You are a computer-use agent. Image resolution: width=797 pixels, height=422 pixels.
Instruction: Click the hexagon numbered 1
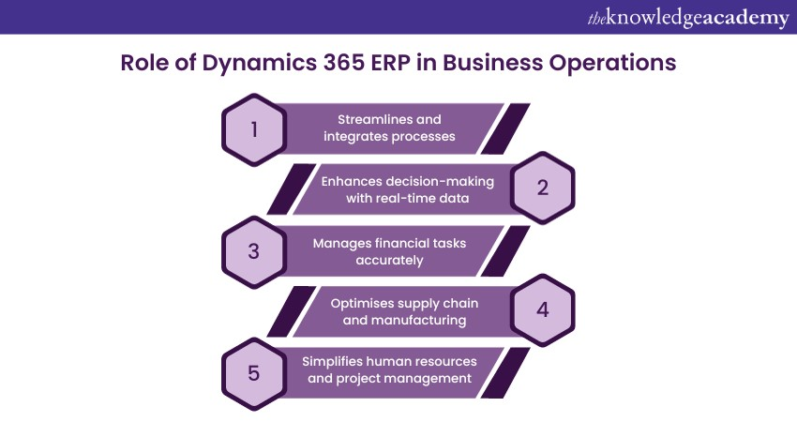click(x=254, y=128)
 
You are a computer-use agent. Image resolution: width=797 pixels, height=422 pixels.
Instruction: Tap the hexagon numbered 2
click(x=542, y=187)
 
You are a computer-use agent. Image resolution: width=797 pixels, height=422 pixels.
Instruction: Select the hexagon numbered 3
click(x=254, y=251)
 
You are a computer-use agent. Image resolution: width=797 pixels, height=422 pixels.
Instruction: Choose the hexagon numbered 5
click(x=254, y=372)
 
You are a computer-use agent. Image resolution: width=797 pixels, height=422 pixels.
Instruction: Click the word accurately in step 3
click(x=389, y=260)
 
